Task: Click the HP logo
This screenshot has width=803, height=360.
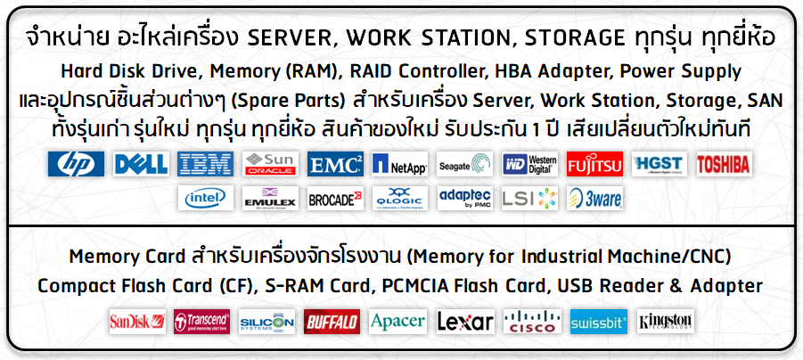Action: tap(76, 164)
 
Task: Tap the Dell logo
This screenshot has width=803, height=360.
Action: tap(142, 164)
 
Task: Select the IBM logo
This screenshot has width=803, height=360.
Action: tap(205, 164)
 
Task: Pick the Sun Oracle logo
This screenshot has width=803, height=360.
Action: tap(270, 164)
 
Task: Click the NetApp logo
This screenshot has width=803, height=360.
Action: tap(400, 164)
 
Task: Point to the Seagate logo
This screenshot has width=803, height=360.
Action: tap(464, 164)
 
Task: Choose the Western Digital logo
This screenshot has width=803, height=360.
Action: tap(529, 164)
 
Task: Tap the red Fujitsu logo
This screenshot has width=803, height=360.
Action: tap(594, 164)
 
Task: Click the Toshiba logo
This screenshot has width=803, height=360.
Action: tap(725, 164)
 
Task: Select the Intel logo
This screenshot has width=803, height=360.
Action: tap(205, 198)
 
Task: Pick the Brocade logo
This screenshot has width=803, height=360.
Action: tap(335, 198)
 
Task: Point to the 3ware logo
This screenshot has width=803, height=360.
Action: tap(594, 198)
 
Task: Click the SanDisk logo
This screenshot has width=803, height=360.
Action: tap(137, 322)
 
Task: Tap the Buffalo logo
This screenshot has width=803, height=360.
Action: tap(332, 322)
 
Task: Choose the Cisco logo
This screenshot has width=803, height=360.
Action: tap(532, 322)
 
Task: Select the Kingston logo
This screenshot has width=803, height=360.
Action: tap(665, 322)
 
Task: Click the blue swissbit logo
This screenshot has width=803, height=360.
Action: tap(599, 322)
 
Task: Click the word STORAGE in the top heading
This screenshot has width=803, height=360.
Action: tap(575, 38)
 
